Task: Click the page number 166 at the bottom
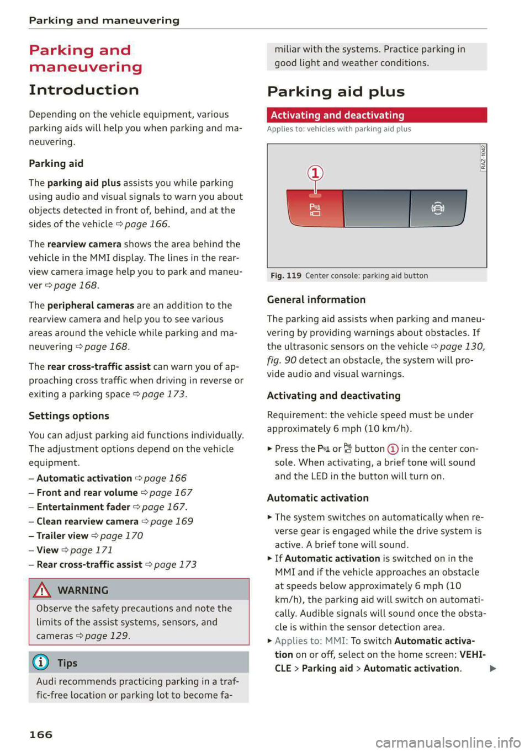41,734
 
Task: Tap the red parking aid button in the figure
315,209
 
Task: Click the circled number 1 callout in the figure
315,173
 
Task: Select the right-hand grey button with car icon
437,208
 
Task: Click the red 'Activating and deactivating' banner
377,115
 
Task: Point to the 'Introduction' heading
84,90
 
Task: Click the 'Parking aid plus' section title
336,92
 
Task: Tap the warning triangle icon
42,590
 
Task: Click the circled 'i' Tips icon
41,663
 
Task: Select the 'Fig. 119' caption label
286,276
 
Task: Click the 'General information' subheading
316,300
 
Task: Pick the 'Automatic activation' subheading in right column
317,498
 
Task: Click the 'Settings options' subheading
69,416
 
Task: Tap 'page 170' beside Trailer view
121,536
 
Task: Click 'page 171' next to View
92,550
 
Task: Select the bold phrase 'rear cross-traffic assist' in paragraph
99,366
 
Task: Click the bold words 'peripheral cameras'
91,305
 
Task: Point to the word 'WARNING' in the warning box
83,590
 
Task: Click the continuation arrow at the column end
493,669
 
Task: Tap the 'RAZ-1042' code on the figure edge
483,157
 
